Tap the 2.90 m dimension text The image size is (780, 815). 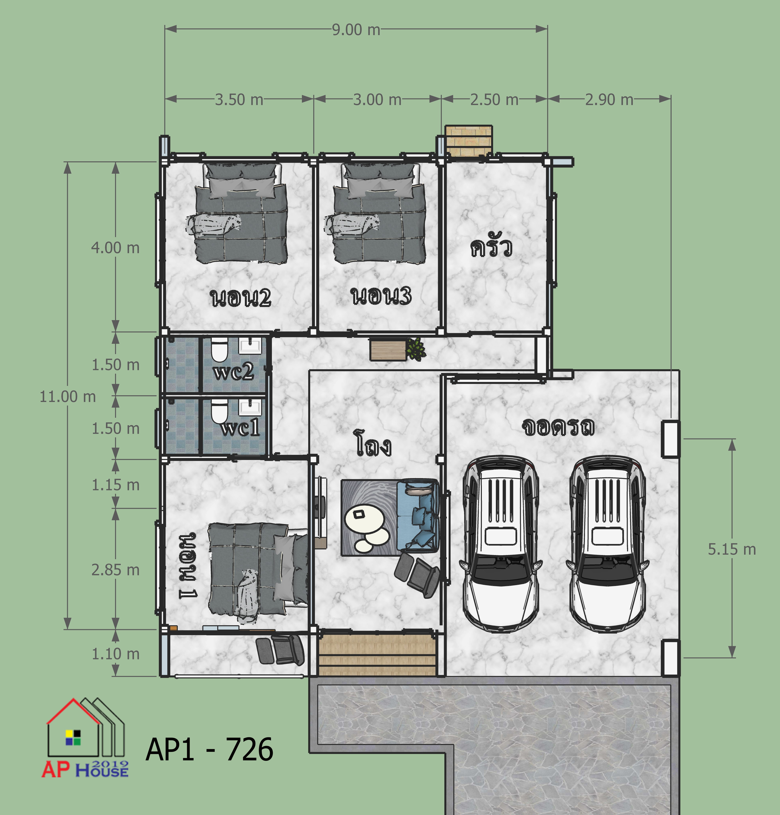(609, 100)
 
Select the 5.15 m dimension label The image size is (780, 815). (732, 550)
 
